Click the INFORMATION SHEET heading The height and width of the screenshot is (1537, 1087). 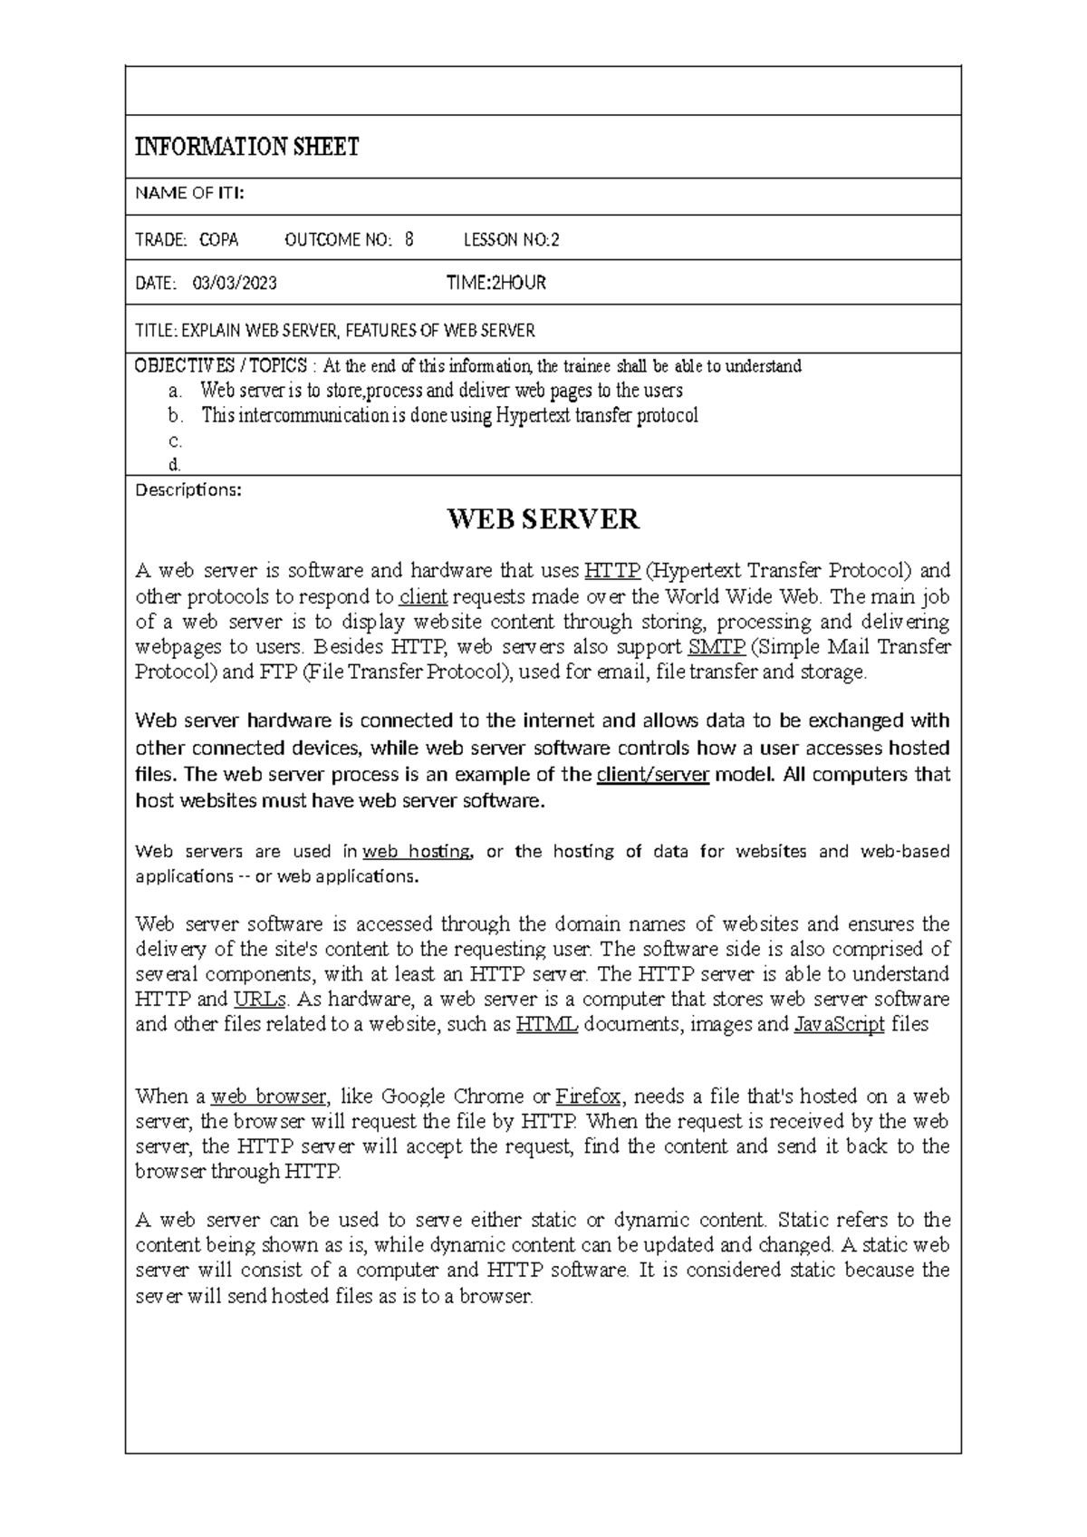coord(246,147)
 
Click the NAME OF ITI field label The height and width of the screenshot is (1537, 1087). coord(188,193)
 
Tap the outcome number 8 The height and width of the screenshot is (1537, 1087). coord(409,240)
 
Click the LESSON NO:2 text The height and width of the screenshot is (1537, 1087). coord(511,240)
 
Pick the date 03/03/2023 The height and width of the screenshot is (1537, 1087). coord(235,284)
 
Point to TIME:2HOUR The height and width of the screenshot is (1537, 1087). coord(495,284)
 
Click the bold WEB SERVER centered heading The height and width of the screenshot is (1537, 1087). coord(543,519)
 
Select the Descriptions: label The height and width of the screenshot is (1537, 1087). coord(188,490)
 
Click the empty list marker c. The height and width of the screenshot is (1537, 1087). coord(176,441)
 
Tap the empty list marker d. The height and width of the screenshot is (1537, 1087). coord(176,465)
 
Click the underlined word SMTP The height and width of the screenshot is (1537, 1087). coord(717,647)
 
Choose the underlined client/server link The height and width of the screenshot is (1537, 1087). coord(652,775)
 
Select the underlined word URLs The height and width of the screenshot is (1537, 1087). coord(259,1000)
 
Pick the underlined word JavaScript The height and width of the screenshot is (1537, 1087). coord(839,1025)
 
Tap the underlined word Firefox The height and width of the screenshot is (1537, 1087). coord(587,1097)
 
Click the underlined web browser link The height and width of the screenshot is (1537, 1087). coord(267,1097)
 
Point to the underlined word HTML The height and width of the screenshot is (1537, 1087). coord(546,1025)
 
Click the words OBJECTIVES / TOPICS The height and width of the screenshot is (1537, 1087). coord(220,366)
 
